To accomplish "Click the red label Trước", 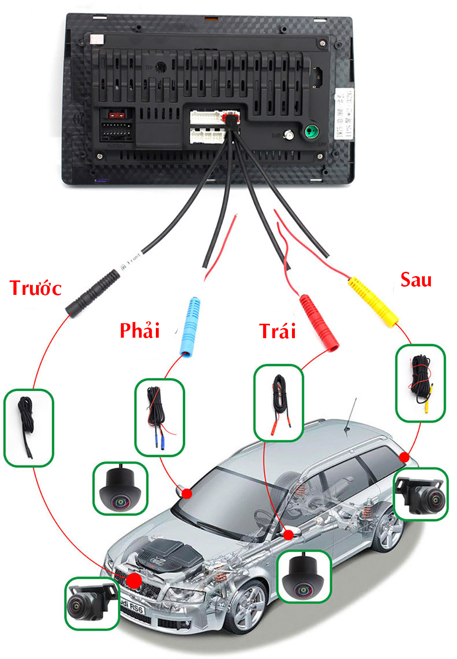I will [x=36, y=288].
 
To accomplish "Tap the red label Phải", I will [x=140, y=330].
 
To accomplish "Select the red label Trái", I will [x=277, y=331].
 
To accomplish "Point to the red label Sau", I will [x=416, y=279].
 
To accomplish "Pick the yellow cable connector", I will [x=373, y=302].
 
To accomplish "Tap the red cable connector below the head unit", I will [x=318, y=320].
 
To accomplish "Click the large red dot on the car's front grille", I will [x=134, y=580].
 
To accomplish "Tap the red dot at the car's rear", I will [x=405, y=457].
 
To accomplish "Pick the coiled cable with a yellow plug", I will [x=419, y=383].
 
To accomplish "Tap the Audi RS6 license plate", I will [x=131, y=607].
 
